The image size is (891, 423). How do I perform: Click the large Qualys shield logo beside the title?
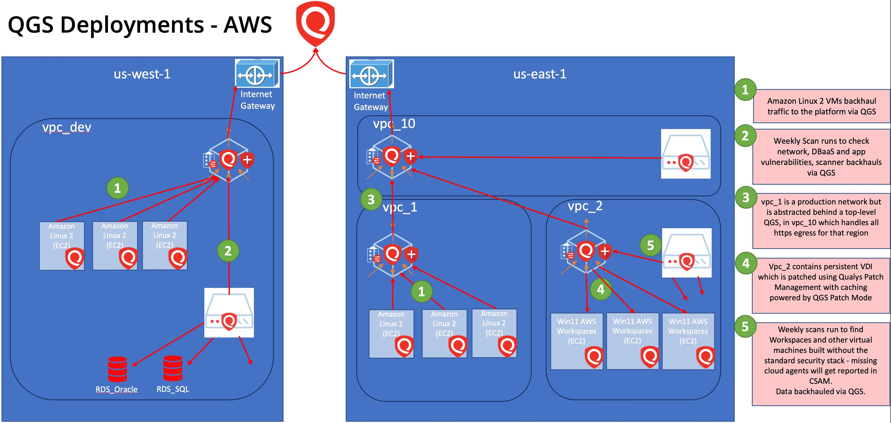coord(315,24)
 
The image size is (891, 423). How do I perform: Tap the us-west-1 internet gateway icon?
coord(257,74)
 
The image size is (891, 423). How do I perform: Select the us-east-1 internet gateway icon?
coord(371,74)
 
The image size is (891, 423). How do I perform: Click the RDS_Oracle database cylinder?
coord(117,369)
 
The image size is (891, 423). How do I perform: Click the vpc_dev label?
coord(67,127)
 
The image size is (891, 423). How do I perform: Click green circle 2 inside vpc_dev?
coord(228,251)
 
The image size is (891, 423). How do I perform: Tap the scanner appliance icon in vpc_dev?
coord(229,313)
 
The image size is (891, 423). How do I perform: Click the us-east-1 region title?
coord(539,74)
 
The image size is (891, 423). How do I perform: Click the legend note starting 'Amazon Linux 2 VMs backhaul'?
coord(821,106)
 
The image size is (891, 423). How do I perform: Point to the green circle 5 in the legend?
coord(745,326)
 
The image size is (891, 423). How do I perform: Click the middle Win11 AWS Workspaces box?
coord(632,341)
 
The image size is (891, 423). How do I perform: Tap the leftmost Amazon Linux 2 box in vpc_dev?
coord(61,246)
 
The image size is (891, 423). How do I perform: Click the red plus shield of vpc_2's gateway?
coord(605,251)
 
